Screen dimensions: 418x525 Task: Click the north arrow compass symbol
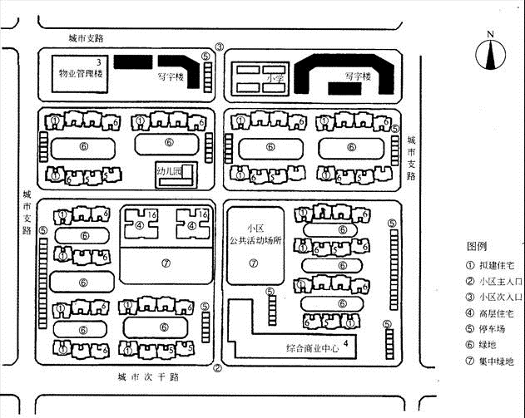491,54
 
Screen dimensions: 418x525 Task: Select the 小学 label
275,79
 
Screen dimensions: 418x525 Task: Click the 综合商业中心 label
313,347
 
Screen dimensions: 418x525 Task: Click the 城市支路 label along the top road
92,38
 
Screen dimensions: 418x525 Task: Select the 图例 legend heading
478,247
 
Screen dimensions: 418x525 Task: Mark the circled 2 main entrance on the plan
217,369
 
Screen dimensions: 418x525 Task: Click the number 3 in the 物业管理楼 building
99,62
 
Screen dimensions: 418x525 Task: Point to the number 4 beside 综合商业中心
357,342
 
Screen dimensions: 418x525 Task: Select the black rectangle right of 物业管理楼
132,62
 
